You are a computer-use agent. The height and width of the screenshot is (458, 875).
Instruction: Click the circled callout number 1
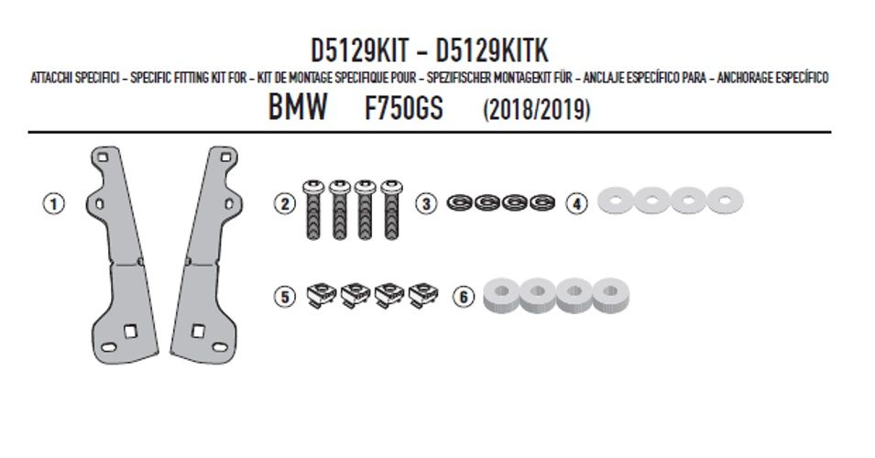point(53,203)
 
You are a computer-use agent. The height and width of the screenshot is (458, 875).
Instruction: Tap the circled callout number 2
point(285,203)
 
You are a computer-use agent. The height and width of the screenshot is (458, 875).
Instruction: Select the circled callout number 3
point(426,203)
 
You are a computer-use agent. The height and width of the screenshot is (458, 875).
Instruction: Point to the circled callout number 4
point(577,203)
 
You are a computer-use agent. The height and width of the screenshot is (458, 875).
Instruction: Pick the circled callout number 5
point(285,296)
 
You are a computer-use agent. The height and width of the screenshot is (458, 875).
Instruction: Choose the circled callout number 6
point(464,296)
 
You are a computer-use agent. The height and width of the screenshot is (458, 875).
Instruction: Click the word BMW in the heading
point(298,107)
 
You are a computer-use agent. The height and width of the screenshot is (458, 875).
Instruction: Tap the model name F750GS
point(403,108)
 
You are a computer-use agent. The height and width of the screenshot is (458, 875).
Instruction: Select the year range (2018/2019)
point(536,109)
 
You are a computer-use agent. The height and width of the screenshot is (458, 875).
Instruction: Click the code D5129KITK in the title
point(492,50)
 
